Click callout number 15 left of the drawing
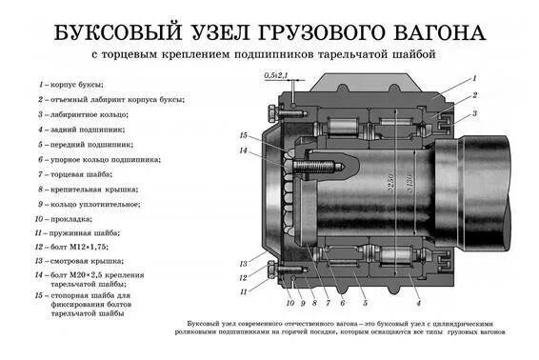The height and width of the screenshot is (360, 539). click(244, 134)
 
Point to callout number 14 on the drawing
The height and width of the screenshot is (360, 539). click(244, 150)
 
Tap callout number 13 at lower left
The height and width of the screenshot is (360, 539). click(244, 264)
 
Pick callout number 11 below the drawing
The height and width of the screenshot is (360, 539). click(244, 290)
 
